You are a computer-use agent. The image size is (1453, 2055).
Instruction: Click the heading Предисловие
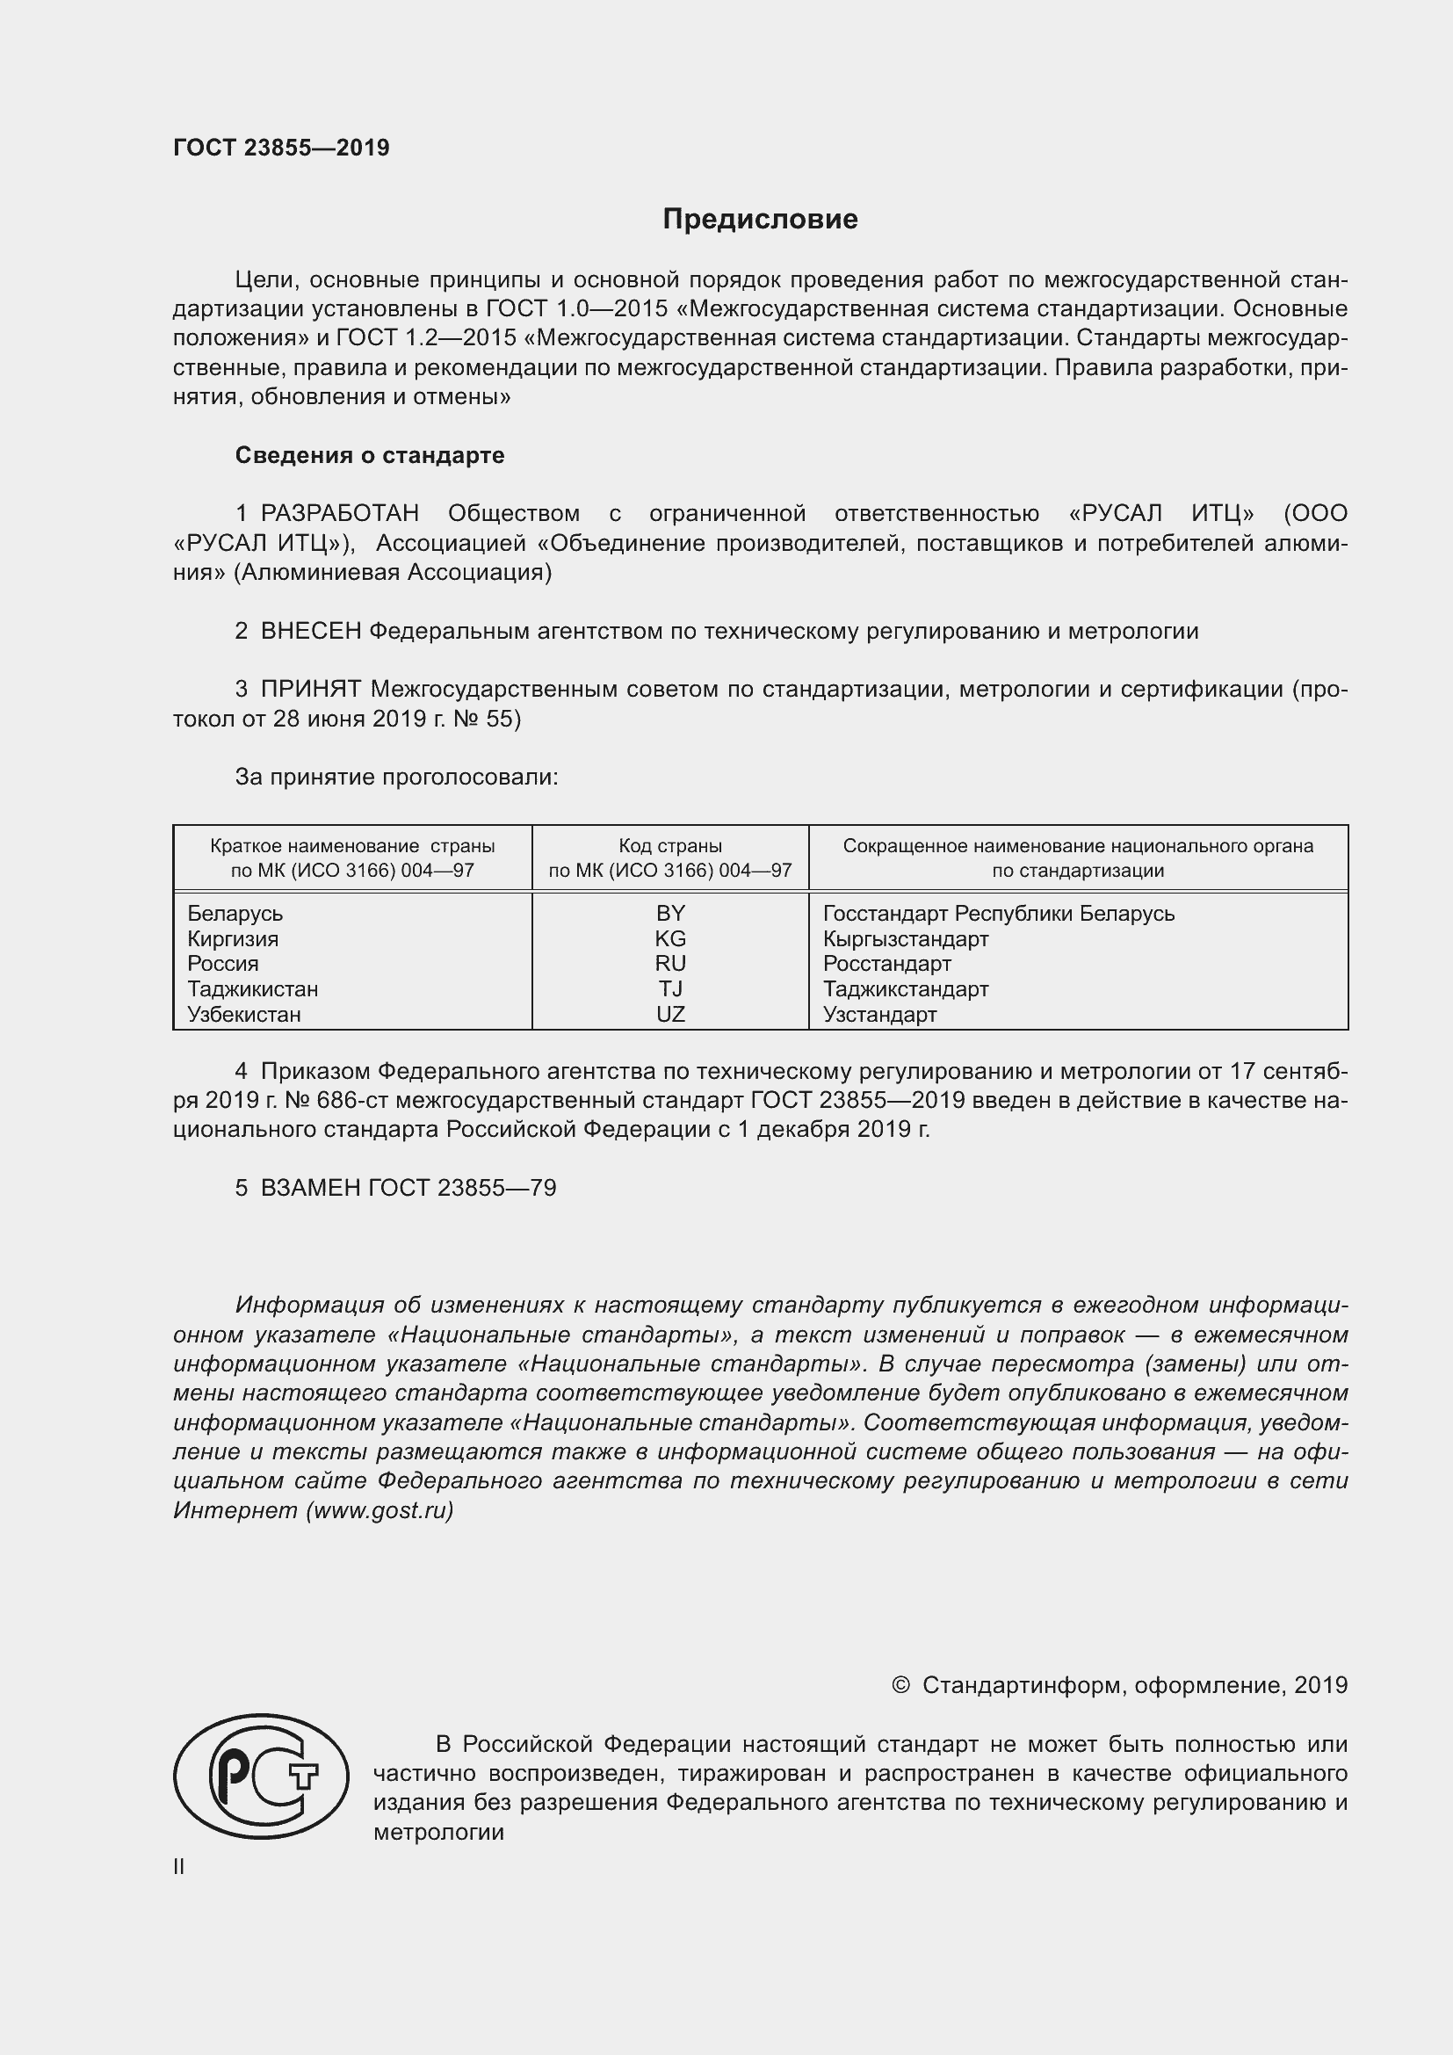pos(760,220)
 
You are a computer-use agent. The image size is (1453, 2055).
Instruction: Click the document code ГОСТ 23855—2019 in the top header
pos(281,148)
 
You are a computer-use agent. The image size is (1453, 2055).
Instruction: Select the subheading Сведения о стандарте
pos(370,456)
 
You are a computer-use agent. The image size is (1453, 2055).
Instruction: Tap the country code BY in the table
pos(670,913)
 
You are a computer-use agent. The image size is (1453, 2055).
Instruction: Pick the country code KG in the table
pos(670,938)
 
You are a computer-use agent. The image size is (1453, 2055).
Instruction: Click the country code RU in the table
pos(670,963)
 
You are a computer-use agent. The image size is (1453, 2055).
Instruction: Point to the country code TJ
pos(670,988)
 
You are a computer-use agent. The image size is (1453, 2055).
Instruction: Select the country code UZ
pos(670,1014)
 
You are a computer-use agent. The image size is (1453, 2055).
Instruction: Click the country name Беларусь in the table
pos(235,913)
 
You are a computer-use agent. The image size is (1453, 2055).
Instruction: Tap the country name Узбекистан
pos(244,1014)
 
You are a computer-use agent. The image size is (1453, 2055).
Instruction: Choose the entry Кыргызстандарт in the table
pos(906,938)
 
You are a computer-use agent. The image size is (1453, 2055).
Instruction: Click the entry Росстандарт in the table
pos(886,963)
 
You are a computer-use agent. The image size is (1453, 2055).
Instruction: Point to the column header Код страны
pos(670,846)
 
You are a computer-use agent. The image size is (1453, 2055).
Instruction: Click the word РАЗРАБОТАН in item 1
pos(340,514)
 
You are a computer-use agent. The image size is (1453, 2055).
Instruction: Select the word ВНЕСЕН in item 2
pos(311,631)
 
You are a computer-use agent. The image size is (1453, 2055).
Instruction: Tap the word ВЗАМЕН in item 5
pos(310,1188)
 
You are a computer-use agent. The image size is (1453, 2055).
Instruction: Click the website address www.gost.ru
pos(380,1511)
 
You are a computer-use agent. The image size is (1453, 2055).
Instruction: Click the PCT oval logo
pos(261,1776)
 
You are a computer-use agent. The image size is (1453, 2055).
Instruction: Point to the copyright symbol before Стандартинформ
pos(900,1685)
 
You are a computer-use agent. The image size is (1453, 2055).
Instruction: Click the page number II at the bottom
pos(179,1867)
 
